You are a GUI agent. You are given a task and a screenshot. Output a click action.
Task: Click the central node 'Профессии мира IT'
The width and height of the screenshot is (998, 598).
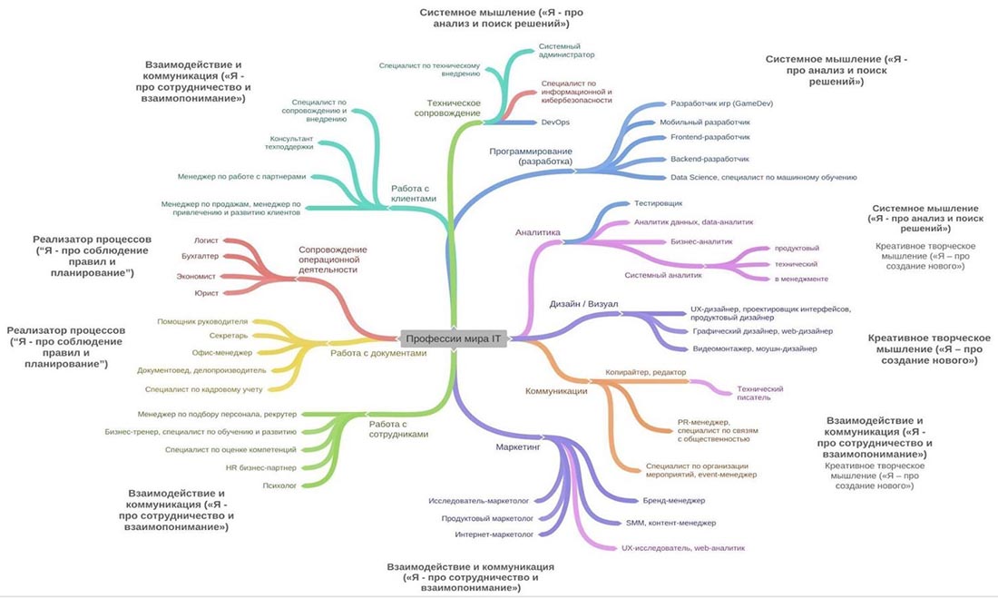tap(453, 338)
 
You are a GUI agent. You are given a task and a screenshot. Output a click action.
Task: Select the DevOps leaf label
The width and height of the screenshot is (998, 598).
tap(554, 122)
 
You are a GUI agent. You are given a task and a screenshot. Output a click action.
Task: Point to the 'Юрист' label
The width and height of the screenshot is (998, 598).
tap(206, 293)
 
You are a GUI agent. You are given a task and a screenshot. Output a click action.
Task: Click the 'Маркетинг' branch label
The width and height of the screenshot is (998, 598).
tap(518, 447)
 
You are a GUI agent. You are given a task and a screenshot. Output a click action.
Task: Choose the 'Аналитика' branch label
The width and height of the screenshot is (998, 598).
tap(538, 232)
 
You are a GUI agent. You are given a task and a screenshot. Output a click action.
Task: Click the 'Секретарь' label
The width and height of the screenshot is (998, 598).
tap(229, 336)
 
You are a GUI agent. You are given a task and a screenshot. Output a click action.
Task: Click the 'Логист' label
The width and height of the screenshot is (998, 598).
tap(206, 240)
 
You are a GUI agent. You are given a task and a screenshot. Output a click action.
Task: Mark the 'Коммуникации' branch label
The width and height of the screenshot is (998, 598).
tap(556, 391)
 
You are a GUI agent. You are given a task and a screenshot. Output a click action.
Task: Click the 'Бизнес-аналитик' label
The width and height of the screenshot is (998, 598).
tap(701, 241)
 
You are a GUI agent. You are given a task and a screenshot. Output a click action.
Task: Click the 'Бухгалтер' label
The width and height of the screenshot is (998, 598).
tap(201, 257)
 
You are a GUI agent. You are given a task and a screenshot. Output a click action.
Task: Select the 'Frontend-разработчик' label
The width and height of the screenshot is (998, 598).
tap(710, 137)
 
